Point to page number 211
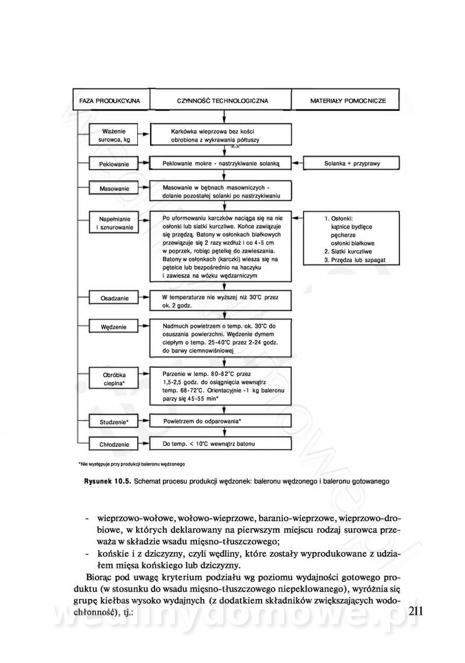click(419, 611)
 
